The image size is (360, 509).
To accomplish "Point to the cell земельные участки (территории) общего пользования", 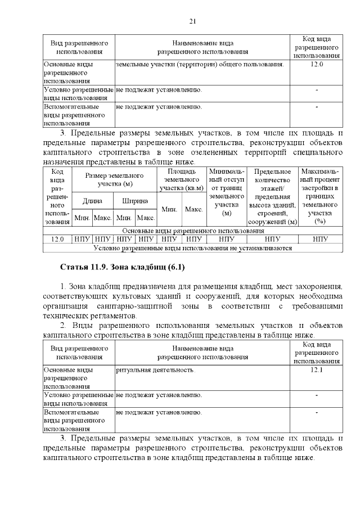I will coord(199,64).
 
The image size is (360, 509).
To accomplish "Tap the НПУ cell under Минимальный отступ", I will coord(227,238).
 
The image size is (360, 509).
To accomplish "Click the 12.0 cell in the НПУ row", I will coord(57,238).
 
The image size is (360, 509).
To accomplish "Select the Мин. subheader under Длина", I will coord(82,217).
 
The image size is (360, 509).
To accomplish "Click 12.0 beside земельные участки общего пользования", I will coord(316,64).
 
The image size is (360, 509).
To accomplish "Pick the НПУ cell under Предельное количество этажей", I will coord(273,238).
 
